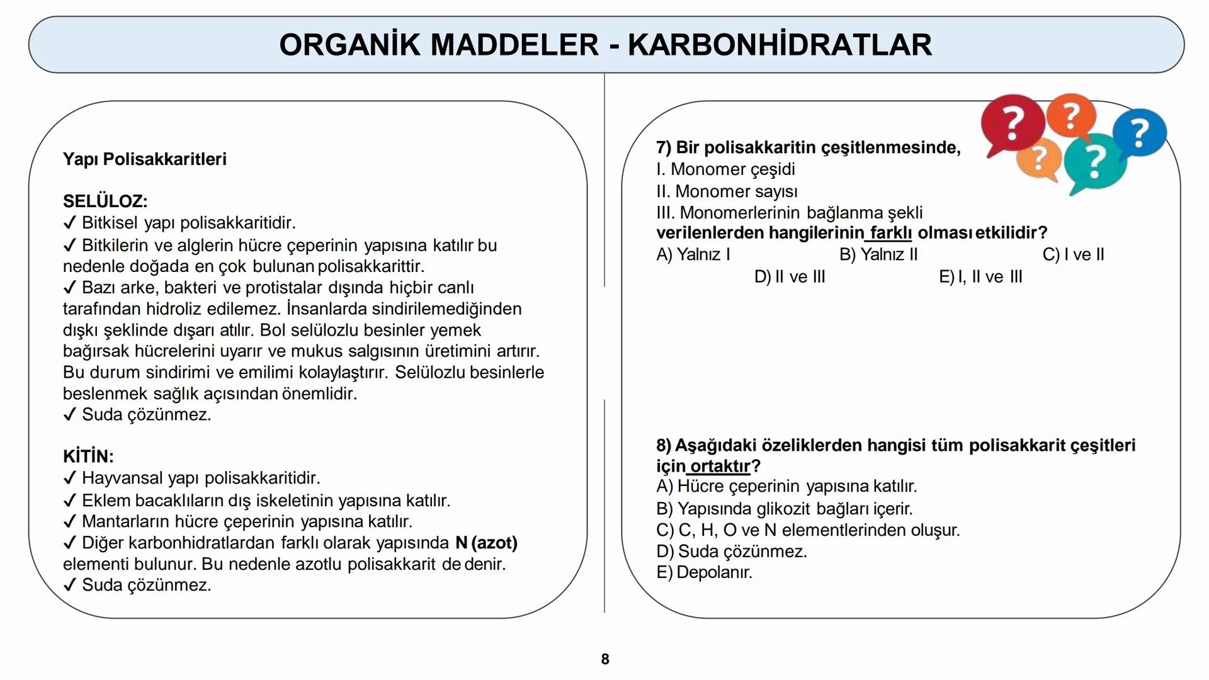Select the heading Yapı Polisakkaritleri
click(145, 159)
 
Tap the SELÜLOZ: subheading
click(105, 201)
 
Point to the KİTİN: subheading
click(88, 456)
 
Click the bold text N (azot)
click(486, 543)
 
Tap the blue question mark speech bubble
click(1140, 133)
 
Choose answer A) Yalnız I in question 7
click(693, 254)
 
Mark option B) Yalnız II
click(878, 254)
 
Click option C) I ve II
click(1073, 254)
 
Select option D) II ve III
click(790, 277)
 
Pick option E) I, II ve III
click(980, 277)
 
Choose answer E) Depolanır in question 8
click(704, 572)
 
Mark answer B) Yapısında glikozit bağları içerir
click(784, 509)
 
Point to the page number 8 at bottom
click(605, 659)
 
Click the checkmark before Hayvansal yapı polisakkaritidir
click(70, 479)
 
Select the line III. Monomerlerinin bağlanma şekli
click(789, 213)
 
